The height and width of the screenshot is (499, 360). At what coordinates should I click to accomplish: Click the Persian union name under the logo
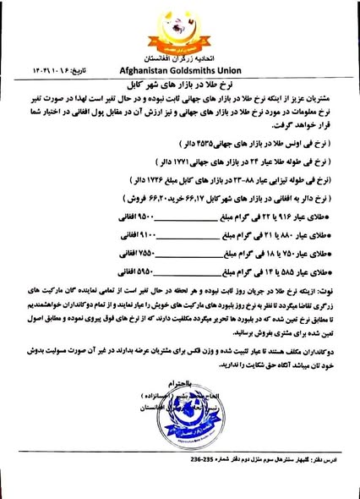click(180, 60)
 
